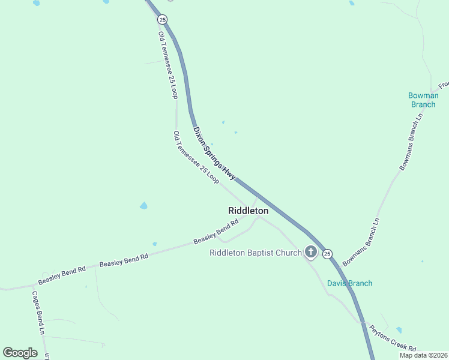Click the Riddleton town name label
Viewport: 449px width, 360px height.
(x=248, y=211)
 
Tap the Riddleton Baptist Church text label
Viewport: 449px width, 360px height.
(x=255, y=253)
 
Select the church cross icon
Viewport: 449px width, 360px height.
(x=311, y=253)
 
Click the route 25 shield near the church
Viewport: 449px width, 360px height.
(x=327, y=254)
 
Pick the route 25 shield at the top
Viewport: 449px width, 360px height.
(x=163, y=20)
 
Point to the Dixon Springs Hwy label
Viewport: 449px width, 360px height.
(x=214, y=154)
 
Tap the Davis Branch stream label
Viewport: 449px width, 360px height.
(x=349, y=283)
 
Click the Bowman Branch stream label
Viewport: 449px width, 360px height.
(x=423, y=100)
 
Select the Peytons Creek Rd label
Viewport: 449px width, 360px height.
(x=393, y=338)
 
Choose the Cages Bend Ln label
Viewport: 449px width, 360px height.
(x=38, y=313)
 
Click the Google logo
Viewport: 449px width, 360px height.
(x=20, y=353)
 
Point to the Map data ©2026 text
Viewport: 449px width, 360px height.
(x=423, y=355)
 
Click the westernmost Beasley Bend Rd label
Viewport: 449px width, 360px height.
(x=62, y=276)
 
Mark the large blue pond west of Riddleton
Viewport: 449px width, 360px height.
(x=143, y=206)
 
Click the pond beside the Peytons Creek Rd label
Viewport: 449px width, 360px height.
(x=399, y=330)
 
